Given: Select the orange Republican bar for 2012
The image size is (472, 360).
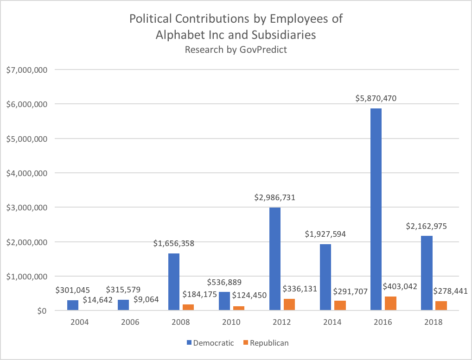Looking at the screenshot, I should click(x=289, y=304).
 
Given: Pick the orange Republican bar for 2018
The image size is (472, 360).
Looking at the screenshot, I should click(x=441, y=306).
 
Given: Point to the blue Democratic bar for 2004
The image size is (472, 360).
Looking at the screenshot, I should click(x=73, y=305).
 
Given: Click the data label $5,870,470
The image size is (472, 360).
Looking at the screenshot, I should click(x=376, y=98).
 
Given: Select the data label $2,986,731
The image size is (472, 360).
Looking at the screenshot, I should click(x=274, y=197).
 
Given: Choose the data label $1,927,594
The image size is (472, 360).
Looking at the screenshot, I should click(x=325, y=234).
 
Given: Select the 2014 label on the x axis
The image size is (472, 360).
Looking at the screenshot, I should click(x=332, y=322).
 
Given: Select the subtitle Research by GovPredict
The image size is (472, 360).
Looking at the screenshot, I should click(x=236, y=50).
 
